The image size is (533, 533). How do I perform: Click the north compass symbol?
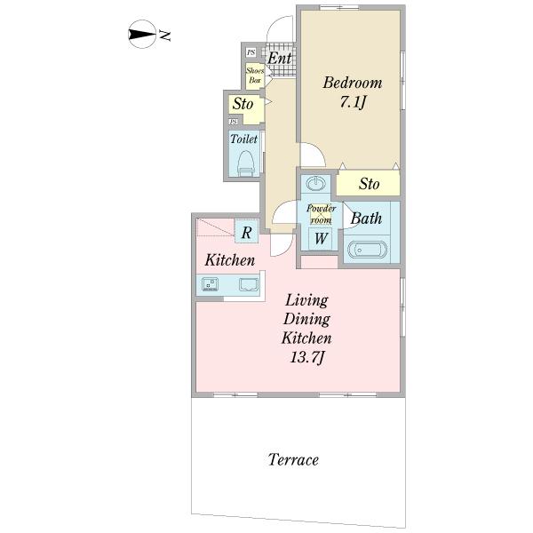142,34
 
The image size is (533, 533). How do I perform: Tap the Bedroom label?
352,83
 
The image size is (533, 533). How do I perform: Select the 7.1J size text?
352,101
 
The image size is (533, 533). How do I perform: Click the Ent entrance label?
280,58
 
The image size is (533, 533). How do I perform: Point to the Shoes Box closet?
255,76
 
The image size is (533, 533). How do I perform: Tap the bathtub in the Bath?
367,250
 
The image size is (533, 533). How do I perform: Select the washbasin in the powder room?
315,183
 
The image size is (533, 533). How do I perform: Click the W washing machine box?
320,239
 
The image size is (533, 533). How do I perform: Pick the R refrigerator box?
247,232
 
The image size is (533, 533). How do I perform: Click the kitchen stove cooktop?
210,284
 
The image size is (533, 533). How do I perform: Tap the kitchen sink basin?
249,284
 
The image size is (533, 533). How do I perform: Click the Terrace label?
293,459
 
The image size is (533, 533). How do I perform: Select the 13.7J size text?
307,357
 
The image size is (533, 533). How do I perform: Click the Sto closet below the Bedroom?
368,183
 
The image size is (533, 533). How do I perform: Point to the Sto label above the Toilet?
243,104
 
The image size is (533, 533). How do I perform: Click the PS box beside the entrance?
251,52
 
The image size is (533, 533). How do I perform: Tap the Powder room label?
321,214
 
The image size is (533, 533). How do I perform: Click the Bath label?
366,219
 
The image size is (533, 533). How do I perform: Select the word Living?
306,301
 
